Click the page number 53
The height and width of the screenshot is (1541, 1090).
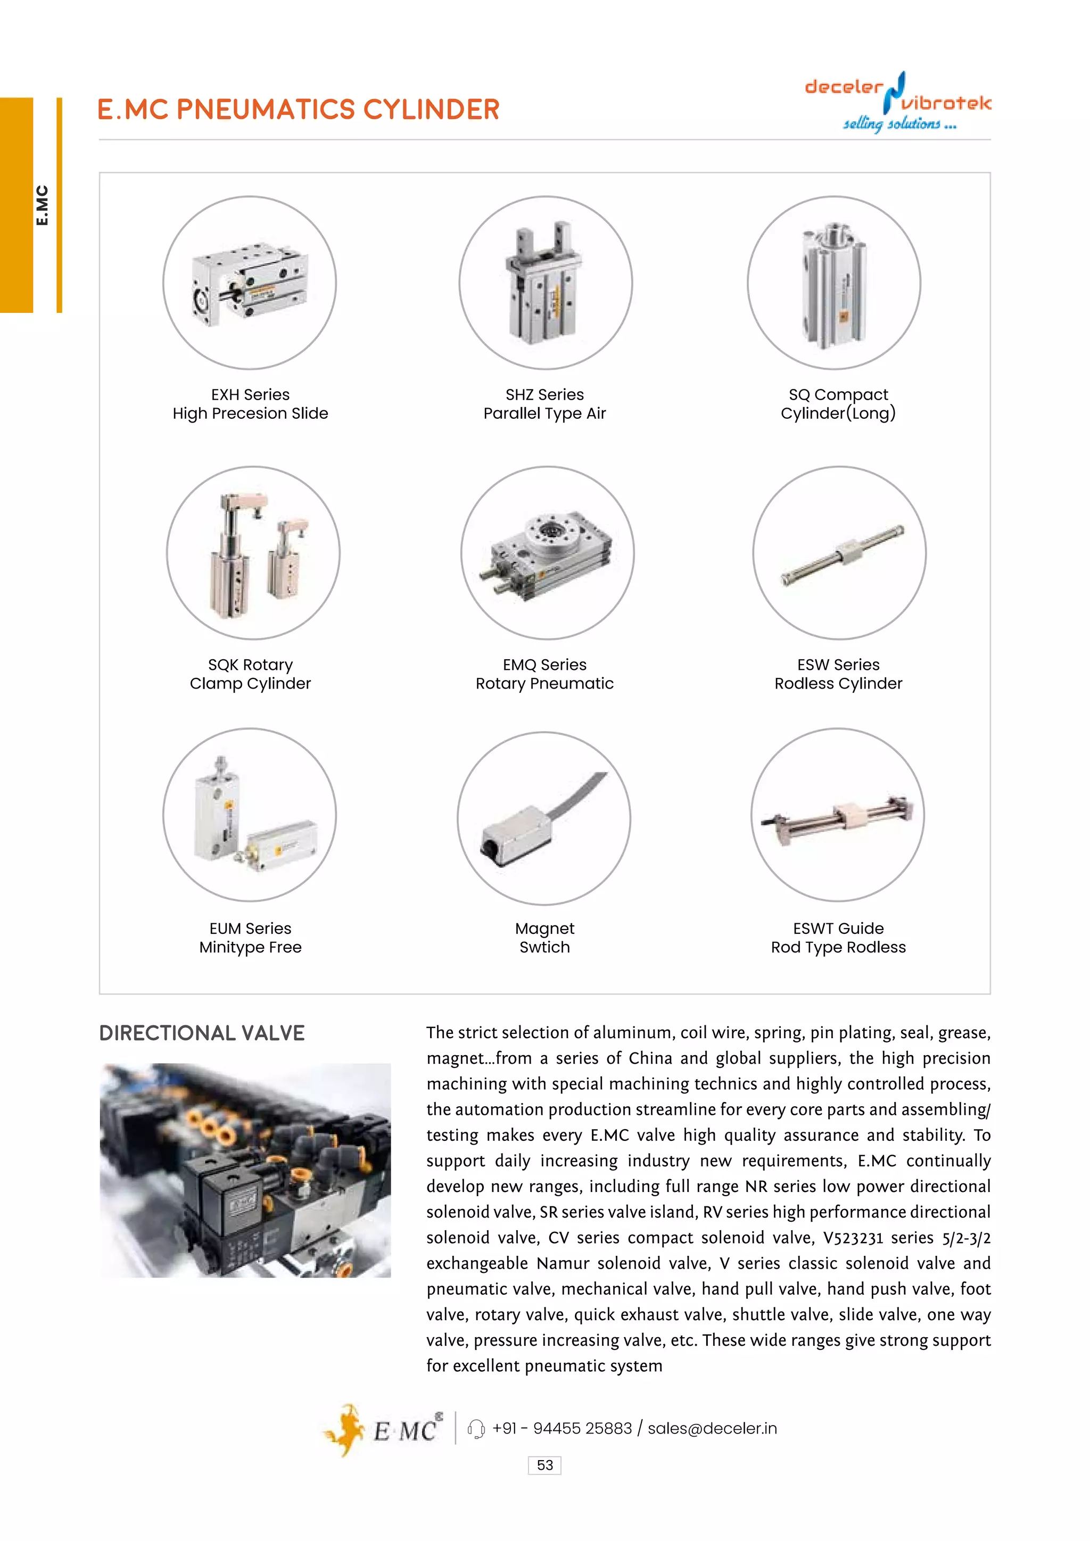[544, 1465]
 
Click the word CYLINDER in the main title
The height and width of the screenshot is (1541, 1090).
[431, 110]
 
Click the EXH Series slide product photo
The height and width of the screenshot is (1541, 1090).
[250, 283]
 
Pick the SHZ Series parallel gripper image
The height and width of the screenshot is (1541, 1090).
[545, 282]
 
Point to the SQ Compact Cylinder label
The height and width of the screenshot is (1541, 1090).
[838, 404]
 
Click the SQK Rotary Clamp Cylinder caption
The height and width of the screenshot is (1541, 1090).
[250, 674]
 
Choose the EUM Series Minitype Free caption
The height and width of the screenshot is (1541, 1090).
[250, 938]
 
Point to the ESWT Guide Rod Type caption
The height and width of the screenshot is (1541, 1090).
[838, 938]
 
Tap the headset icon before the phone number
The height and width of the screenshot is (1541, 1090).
[476, 1429]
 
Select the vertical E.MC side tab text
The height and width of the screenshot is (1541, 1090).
[42, 205]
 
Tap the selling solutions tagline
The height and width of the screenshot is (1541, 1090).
[899, 124]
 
